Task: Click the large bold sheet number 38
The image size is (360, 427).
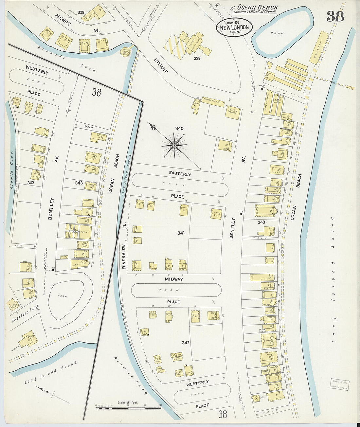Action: coord(335,16)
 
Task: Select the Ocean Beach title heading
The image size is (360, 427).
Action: coord(257,8)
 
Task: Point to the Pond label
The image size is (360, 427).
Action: coord(277,33)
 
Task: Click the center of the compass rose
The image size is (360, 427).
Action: coord(174,145)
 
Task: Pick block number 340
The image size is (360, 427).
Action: coord(179,129)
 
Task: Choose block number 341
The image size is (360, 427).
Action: coord(181,233)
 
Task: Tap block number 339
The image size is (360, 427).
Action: coord(197,58)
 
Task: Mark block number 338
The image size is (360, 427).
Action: coord(81,12)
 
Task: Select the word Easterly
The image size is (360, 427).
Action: coord(180,174)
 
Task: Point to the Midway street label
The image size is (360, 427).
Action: coord(174,279)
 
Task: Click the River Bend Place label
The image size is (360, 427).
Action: coord(25,314)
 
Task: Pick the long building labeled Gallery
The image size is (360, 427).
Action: coord(319,47)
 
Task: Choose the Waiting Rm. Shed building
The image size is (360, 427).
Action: coord(213,101)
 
